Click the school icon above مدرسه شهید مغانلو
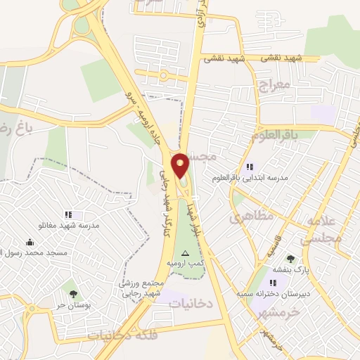point(68,214)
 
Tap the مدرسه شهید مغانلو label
point(68,226)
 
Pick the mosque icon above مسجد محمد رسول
point(30,242)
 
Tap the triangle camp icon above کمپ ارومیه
point(186,252)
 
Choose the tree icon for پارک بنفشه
point(290,259)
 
